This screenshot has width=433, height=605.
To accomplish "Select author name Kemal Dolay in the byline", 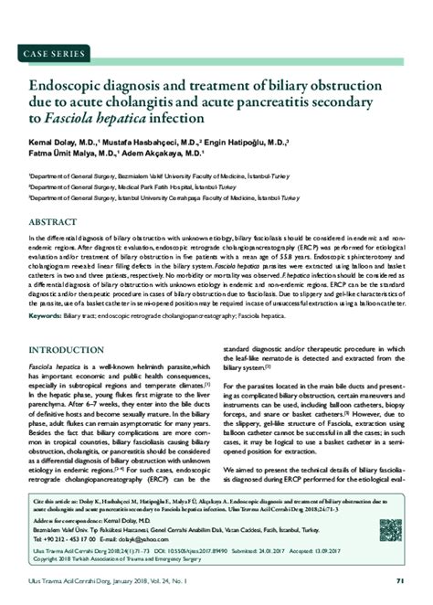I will [x=53, y=144].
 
